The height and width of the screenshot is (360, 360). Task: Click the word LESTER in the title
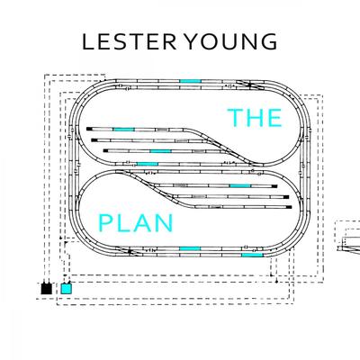(x=130, y=41)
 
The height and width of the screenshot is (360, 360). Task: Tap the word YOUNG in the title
(x=230, y=41)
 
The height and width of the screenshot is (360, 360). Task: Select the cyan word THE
(x=255, y=118)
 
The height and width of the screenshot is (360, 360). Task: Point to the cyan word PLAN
(x=136, y=223)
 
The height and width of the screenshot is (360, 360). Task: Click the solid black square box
(x=46, y=289)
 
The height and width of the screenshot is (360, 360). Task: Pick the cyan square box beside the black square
(x=67, y=289)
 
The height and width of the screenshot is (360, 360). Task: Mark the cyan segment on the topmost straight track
(x=190, y=81)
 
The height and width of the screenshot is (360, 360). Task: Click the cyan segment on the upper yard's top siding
(x=123, y=130)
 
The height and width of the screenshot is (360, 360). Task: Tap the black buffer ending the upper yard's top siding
(x=89, y=129)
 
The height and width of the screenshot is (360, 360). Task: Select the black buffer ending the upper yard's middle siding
(x=94, y=140)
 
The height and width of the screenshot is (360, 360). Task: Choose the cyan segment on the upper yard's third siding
(x=160, y=151)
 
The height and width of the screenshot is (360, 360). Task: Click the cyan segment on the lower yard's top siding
(x=240, y=186)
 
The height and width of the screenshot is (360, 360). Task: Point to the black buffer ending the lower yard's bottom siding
(x=289, y=207)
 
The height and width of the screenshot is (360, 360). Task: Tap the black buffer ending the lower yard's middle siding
(x=286, y=197)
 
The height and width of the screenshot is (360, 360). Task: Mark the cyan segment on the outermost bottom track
(x=252, y=255)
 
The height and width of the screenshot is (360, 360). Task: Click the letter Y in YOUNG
(x=192, y=41)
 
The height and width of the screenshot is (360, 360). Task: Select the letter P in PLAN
(x=104, y=223)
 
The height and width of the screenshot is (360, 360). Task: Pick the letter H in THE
(x=256, y=118)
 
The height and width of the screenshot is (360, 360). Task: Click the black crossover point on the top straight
(x=249, y=85)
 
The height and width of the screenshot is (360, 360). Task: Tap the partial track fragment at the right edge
(x=350, y=245)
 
